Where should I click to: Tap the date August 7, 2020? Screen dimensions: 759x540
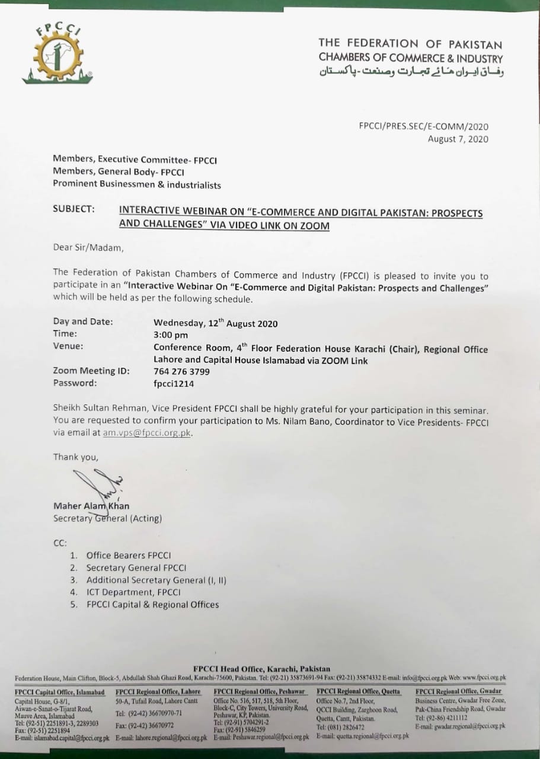coord(458,139)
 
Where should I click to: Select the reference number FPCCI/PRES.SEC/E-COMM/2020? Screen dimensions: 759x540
coord(424,126)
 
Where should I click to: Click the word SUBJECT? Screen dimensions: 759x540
coord(74,209)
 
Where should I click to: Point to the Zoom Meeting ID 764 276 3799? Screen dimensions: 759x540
coord(181,372)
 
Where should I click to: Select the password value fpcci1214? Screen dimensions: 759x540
coord(174,384)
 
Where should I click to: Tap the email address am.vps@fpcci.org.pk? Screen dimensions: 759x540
coord(148,433)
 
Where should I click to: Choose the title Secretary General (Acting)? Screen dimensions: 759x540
coord(107,518)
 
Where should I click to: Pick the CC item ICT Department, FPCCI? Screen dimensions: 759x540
coord(133,592)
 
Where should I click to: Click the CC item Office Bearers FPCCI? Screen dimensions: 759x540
coord(129,556)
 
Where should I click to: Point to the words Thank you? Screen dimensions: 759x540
coord(76,457)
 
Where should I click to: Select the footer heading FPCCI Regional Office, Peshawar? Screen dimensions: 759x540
coord(260,691)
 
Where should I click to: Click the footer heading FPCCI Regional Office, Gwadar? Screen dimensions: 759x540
coord(458,691)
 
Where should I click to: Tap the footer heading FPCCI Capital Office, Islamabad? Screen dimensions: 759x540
coord(59,692)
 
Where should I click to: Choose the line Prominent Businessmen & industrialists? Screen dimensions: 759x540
coord(137,185)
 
